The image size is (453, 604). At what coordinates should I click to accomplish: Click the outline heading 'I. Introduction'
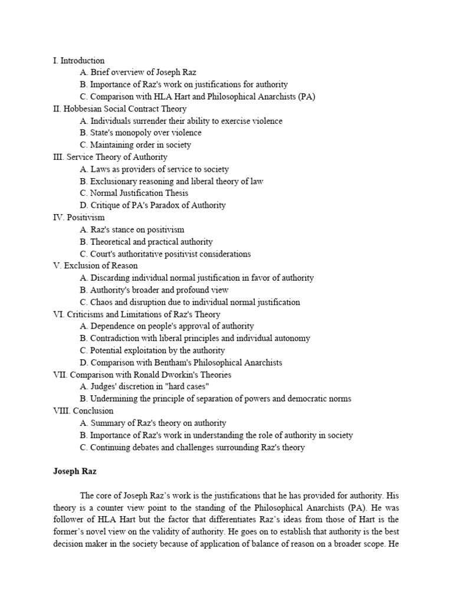(x=78, y=60)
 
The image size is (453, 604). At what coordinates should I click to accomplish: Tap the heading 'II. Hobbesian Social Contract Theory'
(x=119, y=109)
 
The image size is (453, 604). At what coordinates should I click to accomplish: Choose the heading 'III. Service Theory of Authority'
(x=110, y=157)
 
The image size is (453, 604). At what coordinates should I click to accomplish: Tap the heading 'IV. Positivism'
(x=78, y=217)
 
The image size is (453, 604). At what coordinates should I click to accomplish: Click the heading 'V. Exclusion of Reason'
(x=95, y=265)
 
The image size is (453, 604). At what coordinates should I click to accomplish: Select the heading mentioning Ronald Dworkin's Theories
(x=142, y=375)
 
